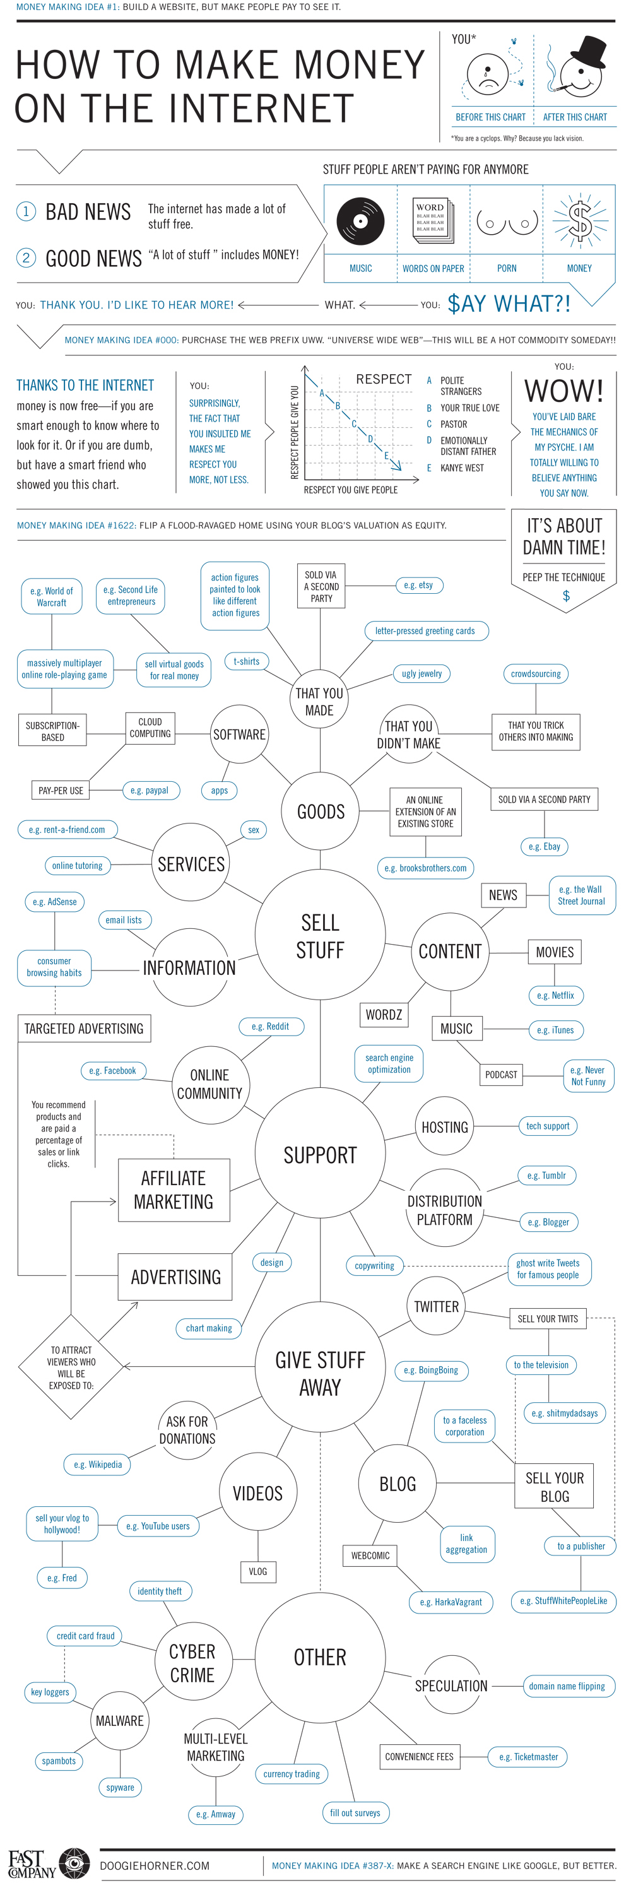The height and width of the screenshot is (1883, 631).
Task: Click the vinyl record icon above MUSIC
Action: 360,220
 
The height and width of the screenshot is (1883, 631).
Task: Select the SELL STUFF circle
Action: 321,935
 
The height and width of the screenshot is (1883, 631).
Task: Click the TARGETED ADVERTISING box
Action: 84,1029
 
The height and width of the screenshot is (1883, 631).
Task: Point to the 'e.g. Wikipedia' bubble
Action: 98,1464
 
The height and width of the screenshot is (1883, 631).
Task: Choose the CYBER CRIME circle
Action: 192,1663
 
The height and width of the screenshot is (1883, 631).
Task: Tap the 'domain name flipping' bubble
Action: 567,1686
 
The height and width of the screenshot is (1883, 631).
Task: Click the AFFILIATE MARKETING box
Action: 174,1190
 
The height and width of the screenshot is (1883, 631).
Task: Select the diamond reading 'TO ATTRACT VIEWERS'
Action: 71,1367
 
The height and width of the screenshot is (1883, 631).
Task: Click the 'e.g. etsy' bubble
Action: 418,585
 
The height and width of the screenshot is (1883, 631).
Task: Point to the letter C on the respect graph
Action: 354,423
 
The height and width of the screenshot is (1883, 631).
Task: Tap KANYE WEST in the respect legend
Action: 461,468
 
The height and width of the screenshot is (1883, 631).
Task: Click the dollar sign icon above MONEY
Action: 580,220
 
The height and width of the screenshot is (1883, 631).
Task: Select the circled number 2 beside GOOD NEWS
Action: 27,257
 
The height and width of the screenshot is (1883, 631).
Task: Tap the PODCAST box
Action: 501,1075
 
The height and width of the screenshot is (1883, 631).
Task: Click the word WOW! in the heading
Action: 563,391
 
